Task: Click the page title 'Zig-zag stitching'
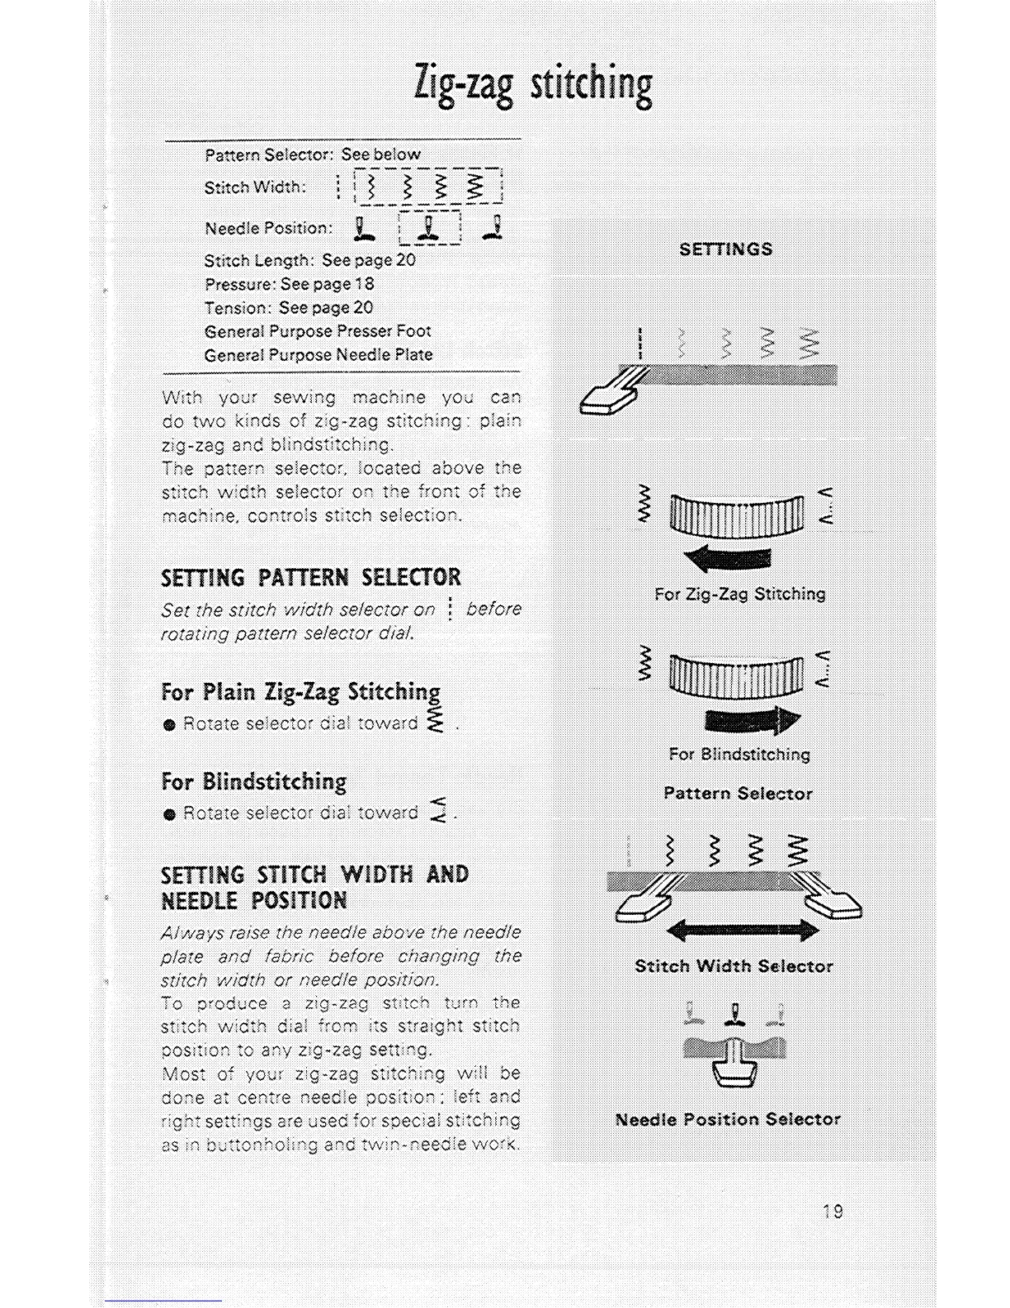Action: pos(533,86)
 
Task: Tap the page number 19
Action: pos(833,1211)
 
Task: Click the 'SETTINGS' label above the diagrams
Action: pos(725,249)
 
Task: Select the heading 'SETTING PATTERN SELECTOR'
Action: pos(311,576)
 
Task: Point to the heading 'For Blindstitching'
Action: pos(254,781)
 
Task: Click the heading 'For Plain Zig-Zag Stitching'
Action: pos(300,691)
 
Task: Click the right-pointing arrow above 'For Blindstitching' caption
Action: pos(753,719)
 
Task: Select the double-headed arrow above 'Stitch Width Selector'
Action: pos(742,931)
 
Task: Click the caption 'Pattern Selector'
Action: pos(738,794)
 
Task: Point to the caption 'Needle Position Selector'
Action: pos(728,1120)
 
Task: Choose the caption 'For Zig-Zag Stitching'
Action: pos(739,594)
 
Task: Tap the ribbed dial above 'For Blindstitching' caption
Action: pos(736,675)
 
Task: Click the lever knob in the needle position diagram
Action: pos(734,1072)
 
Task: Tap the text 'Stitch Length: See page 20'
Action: pos(309,260)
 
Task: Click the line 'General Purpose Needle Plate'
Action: pos(318,355)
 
